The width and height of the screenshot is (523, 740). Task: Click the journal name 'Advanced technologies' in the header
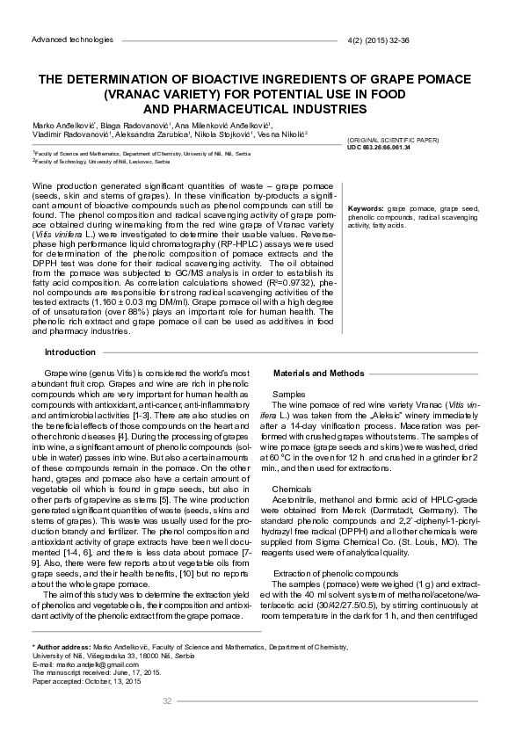[72, 40]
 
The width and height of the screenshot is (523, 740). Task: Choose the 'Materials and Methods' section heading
[317, 374]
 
